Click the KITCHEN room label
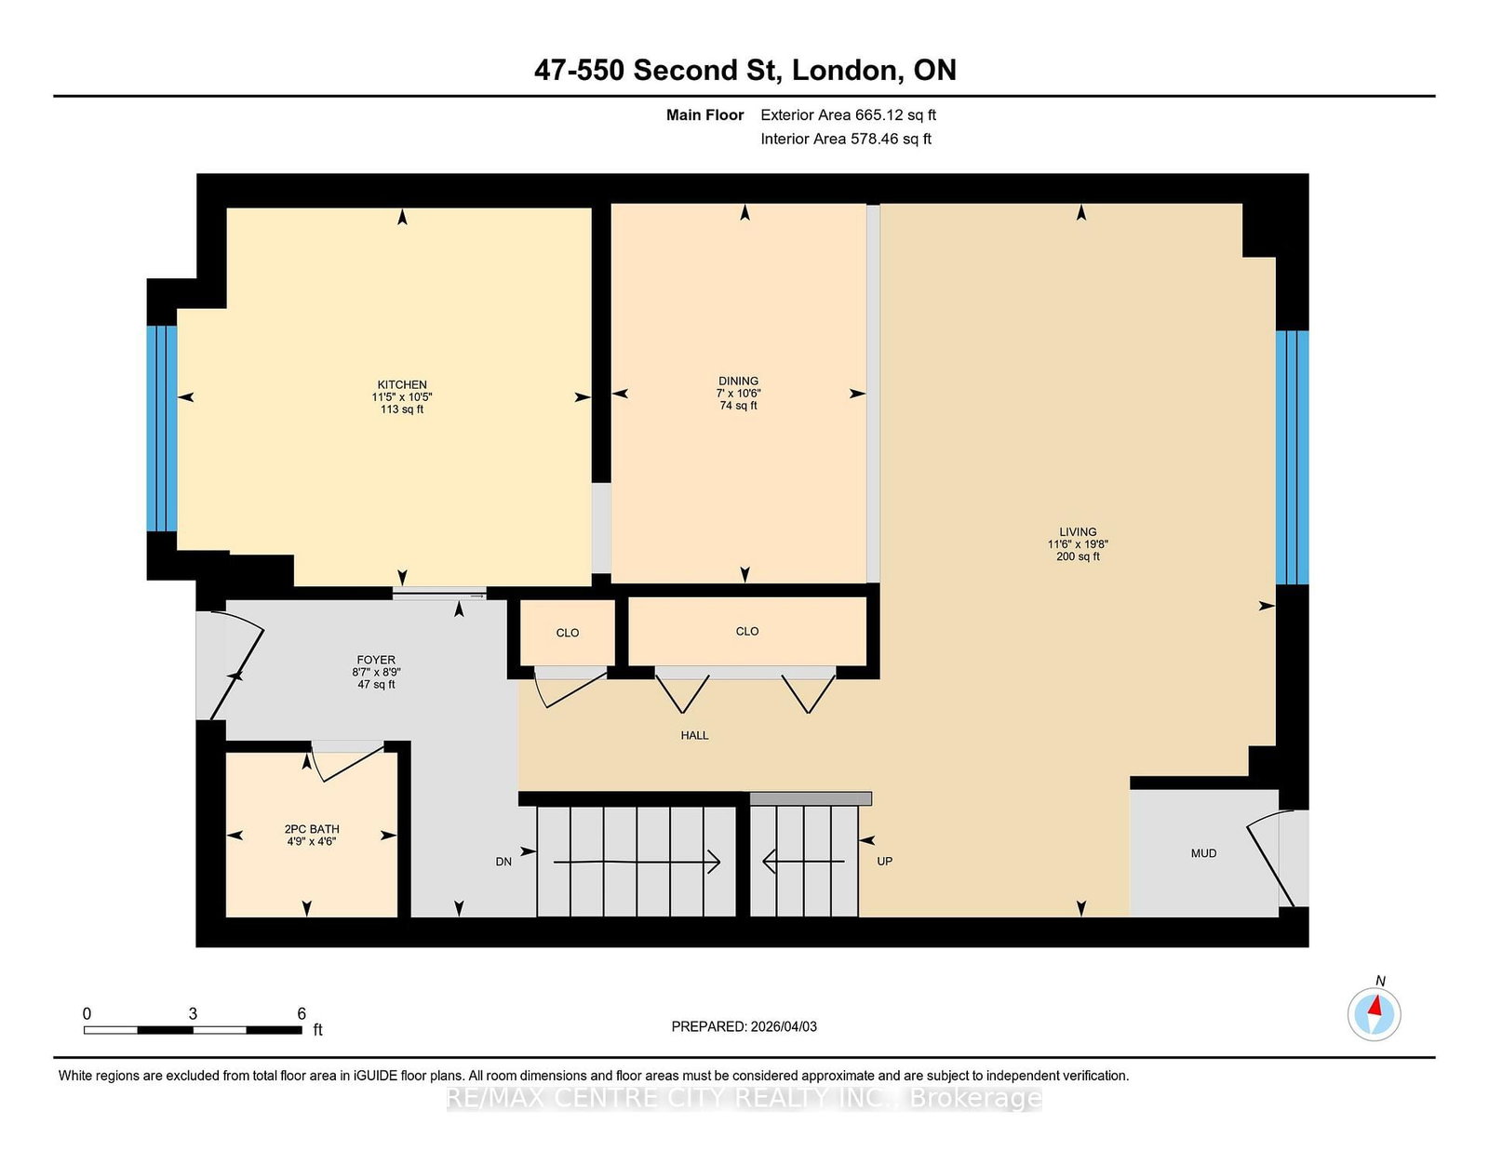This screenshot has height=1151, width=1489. pos(402,384)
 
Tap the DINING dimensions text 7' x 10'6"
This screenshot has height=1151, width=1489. pos(738,394)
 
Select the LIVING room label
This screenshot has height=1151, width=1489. pos(1078,532)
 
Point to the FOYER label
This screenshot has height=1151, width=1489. pos(376,660)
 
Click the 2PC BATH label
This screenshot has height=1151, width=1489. pos(312,829)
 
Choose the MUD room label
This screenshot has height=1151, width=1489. pos(1203,853)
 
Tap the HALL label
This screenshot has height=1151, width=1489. pos(694,735)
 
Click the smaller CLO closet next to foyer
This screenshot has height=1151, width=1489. pos(568,633)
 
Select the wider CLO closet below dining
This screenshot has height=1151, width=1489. pos(747,631)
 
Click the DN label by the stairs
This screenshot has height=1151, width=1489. pos(503,862)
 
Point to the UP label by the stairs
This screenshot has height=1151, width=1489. pos(884,862)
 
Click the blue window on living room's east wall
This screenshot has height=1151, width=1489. pos(1292,457)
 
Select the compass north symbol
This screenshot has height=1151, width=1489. pos(1375,1013)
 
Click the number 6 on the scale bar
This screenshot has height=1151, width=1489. pos(302,1013)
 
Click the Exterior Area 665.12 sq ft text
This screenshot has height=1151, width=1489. pos(848,115)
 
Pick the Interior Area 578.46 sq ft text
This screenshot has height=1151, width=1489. pos(846,139)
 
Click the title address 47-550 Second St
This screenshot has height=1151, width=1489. pos(662,71)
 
